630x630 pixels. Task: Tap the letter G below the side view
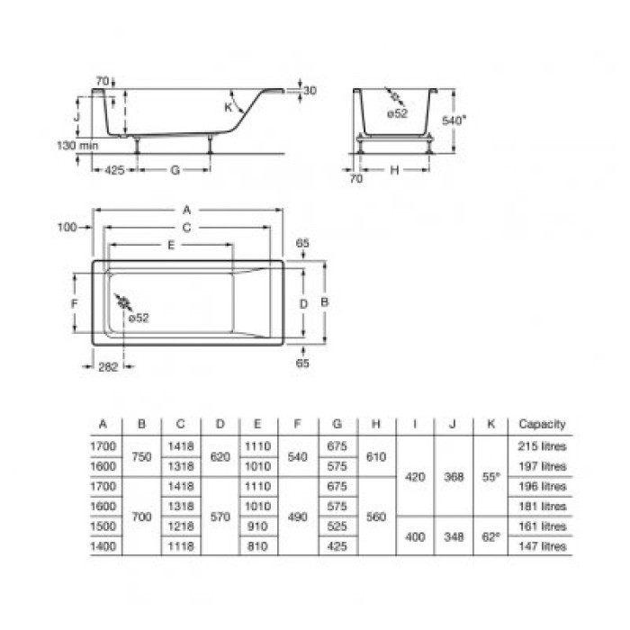(175, 170)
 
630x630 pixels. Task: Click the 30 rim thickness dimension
(310, 91)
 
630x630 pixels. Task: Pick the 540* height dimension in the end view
(455, 120)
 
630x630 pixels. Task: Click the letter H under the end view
(394, 170)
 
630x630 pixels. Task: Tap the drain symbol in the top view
(122, 303)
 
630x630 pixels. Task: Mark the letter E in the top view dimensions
(170, 245)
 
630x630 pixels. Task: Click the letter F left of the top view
(75, 304)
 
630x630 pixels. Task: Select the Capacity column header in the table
(542, 424)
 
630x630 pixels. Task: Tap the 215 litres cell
(542, 446)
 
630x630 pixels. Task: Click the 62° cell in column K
(490, 536)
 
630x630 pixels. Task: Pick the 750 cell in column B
(141, 456)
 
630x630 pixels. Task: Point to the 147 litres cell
(542, 546)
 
